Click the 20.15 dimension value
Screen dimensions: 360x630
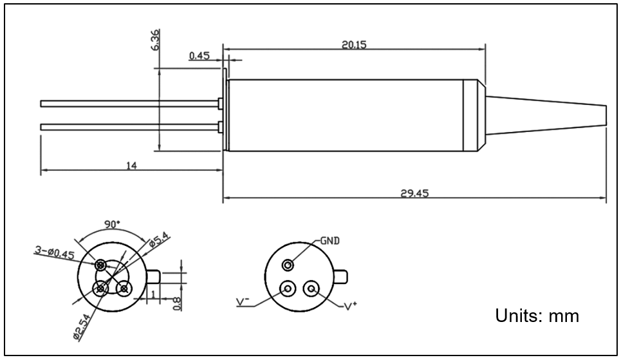[354, 44]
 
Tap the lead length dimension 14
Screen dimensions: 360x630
[131, 166]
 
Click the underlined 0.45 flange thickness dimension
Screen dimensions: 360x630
[199, 56]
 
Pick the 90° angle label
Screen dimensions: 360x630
[112, 225]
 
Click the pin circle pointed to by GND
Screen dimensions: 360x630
[289, 265]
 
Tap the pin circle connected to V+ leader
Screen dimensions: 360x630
[312, 289]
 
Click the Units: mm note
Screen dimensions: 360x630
[537, 316]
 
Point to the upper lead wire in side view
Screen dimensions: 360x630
[129, 103]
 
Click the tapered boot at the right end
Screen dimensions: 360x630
[547, 115]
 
